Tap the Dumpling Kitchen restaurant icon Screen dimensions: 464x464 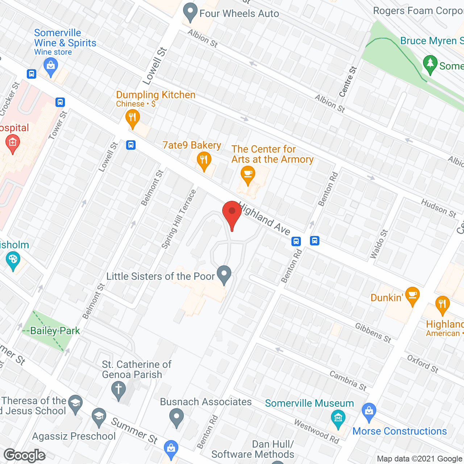(x=133, y=118)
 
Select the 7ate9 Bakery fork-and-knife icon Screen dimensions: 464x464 (x=204, y=160)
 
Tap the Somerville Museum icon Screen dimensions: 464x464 (x=338, y=418)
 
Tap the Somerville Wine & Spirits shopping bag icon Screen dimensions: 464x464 (x=50, y=67)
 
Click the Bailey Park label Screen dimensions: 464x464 (x=55, y=331)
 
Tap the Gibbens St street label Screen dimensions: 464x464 (x=373, y=333)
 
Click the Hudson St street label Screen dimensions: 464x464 (x=439, y=208)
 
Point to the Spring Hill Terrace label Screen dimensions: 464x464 (x=178, y=219)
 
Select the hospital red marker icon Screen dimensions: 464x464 (x=13, y=143)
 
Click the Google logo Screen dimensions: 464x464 (x=25, y=455)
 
